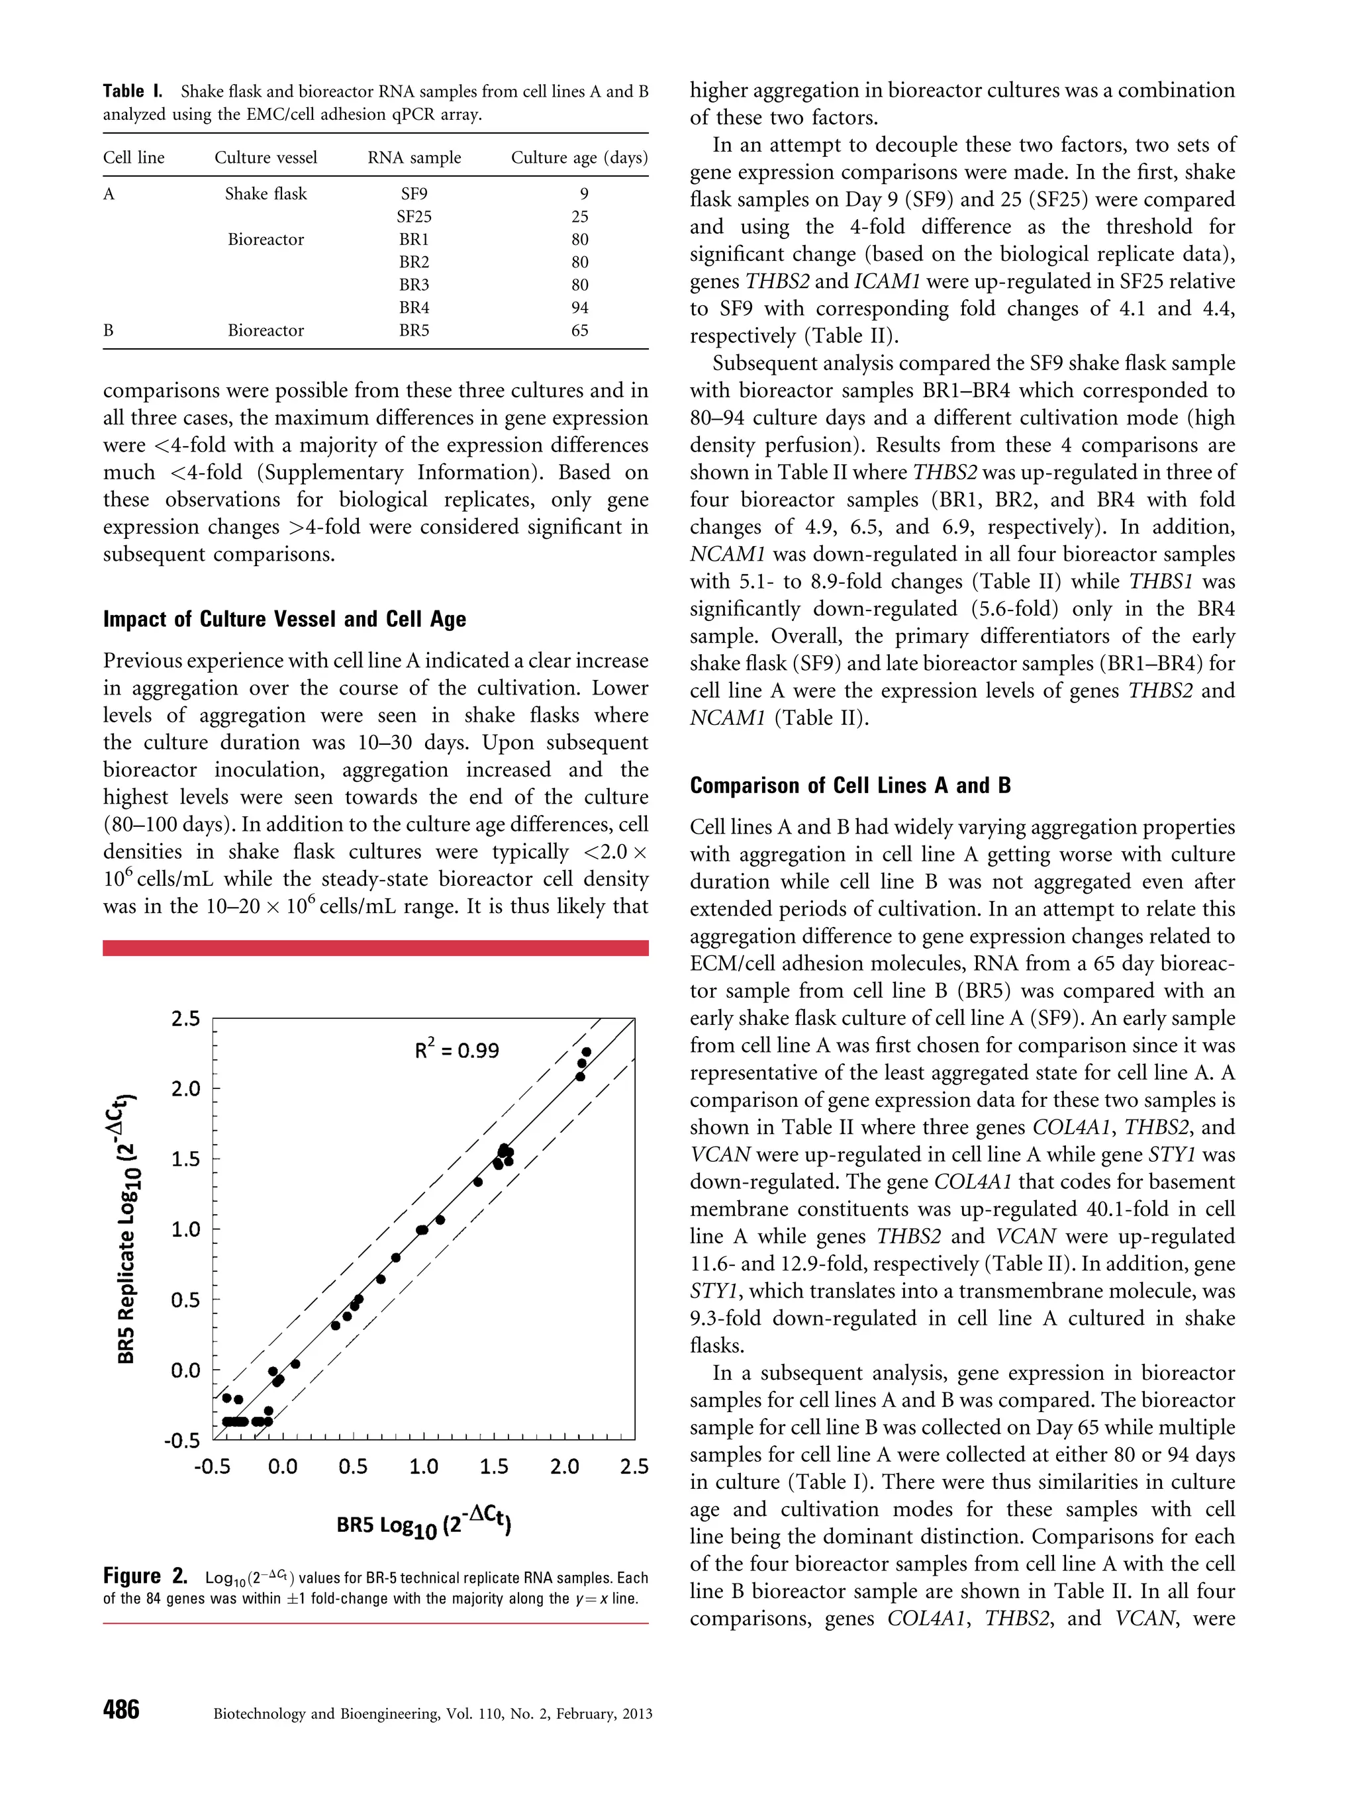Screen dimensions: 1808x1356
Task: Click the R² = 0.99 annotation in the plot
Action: click(456, 1049)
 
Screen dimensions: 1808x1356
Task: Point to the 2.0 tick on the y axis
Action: click(185, 1088)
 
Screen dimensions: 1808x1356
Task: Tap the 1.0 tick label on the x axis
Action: click(422, 1466)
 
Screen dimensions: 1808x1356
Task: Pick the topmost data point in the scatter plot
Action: click(586, 1052)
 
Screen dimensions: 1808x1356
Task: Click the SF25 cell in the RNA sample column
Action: click(414, 216)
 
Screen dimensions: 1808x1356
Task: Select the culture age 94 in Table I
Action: click(579, 307)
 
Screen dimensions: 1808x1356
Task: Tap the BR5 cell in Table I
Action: click(414, 330)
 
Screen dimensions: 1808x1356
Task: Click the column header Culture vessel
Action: click(266, 157)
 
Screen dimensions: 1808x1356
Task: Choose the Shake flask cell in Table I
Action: click(266, 194)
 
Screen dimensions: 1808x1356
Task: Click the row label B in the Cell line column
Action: click(108, 330)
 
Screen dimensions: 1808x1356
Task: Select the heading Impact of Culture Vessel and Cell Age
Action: click(285, 619)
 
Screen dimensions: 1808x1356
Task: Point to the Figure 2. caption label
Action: click(144, 1575)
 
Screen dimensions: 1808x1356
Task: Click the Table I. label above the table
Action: click(132, 91)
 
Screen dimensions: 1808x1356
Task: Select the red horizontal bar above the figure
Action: click(375, 947)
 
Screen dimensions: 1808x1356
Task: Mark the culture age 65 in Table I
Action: click(579, 330)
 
